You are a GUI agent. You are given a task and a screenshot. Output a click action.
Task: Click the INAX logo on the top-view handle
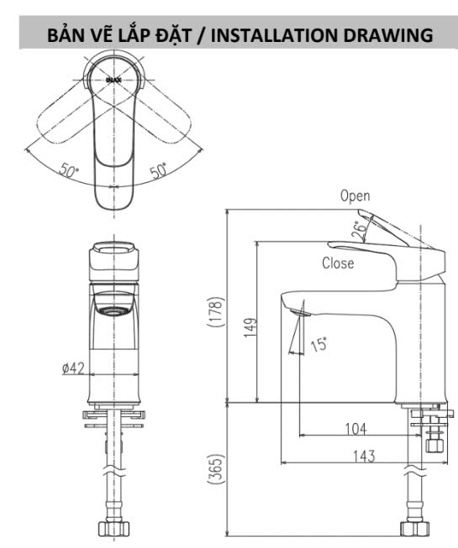point(113,80)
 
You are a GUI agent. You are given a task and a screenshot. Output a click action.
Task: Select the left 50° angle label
point(69,170)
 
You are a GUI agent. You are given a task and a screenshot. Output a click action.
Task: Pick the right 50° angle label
point(158,170)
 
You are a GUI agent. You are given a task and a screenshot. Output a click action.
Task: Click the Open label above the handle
point(355,196)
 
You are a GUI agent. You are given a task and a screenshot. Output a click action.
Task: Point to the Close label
point(338,263)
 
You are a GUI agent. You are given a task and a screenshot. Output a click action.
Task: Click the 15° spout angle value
point(318,344)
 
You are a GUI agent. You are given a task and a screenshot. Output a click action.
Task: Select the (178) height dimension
point(215,311)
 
